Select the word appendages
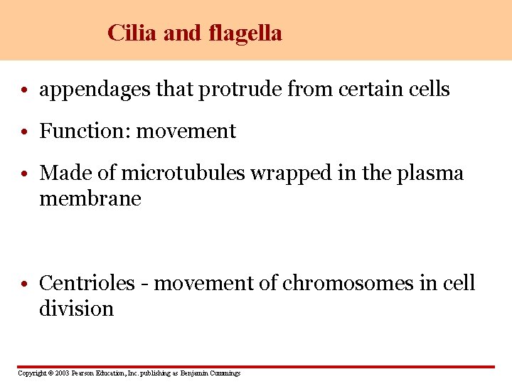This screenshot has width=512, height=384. point(96,90)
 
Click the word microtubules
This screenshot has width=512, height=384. point(184,173)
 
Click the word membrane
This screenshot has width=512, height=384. point(90,199)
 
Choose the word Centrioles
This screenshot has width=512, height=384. point(87,283)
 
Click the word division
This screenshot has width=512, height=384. point(76,309)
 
